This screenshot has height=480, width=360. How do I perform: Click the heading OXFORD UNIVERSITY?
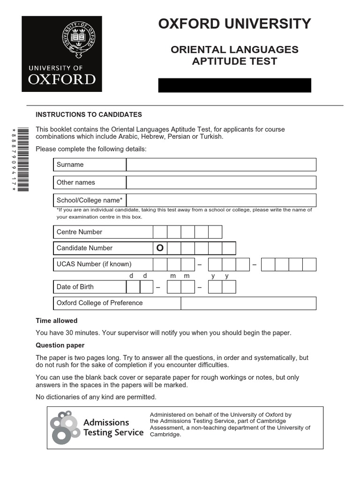coord(234,24)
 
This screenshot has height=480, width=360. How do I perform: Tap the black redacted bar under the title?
coord(234,85)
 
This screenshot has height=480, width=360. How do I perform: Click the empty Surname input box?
coord(221,165)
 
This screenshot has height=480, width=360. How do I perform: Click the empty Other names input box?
coord(221,182)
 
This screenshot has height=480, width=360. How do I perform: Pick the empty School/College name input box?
coord(221,200)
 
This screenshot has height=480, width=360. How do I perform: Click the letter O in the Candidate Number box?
coord(160,248)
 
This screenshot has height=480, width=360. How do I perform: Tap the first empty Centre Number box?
coord(160,232)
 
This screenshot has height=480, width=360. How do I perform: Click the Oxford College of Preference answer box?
coord(248,303)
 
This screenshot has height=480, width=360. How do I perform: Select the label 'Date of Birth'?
coord(75,287)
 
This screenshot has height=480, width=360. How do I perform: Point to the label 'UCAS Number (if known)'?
coord(94,264)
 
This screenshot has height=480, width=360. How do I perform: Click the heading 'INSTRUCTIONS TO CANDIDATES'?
coord(89,114)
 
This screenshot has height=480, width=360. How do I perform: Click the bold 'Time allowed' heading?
coord(57,321)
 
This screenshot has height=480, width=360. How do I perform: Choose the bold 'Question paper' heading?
coord(60,345)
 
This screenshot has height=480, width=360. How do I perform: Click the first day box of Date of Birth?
coord(133,287)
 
